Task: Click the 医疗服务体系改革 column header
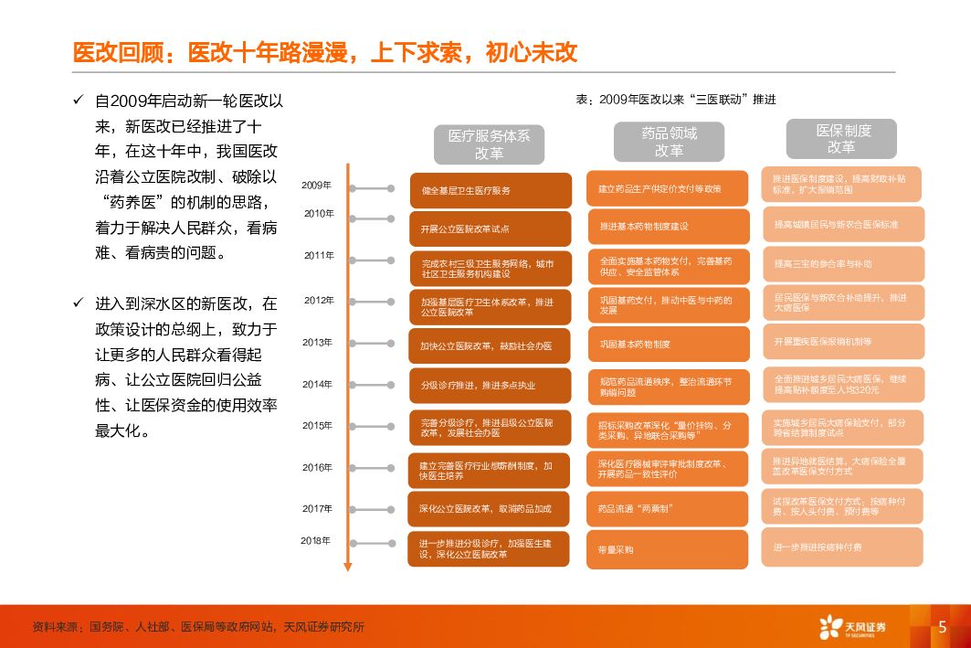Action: (489, 143)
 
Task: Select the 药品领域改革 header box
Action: (669, 142)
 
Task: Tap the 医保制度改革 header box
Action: (841, 138)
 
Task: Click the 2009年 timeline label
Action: (316, 186)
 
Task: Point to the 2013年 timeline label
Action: (318, 343)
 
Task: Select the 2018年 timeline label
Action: (316, 540)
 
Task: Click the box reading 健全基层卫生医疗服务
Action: (491, 190)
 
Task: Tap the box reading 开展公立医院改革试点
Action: (490, 228)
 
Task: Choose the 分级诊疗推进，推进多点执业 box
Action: (490, 386)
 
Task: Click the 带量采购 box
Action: (668, 549)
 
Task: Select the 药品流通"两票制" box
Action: (668, 508)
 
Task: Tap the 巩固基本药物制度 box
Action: (668, 345)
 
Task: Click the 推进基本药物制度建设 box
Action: (668, 226)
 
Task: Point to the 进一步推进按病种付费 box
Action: (841, 547)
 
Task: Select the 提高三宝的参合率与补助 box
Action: (841, 263)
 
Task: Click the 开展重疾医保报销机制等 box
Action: (841, 341)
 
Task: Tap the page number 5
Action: (942, 627)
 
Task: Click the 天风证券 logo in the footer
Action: (852, 627)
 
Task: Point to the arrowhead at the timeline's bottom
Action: (347, 566)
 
